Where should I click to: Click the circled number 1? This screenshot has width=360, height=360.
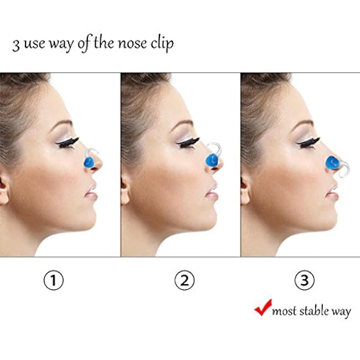tap(54, 280)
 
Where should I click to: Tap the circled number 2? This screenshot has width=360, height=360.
tap(184, 280)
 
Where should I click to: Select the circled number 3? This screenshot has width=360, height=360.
tap(305, 280)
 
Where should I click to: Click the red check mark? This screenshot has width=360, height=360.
tap(263, 307)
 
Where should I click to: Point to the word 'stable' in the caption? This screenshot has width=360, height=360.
tap(313, 311)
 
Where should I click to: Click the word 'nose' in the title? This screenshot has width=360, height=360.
tap(132, 44)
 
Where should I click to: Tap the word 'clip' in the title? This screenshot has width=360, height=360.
tap(162, 43)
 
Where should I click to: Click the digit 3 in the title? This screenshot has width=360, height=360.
tap(16, 45)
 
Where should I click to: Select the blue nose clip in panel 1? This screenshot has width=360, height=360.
tap(89, 162)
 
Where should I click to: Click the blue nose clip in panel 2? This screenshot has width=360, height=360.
tap(211, 160)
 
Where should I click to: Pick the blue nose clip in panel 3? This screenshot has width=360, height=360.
tap(332, 163)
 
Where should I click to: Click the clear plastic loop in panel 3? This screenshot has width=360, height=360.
tap(344, 171)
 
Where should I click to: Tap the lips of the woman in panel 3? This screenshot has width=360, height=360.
tap(333, 193)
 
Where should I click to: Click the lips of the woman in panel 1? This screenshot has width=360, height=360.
tap(91, 193)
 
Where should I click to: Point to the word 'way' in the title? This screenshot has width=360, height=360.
tap(61, 44)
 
